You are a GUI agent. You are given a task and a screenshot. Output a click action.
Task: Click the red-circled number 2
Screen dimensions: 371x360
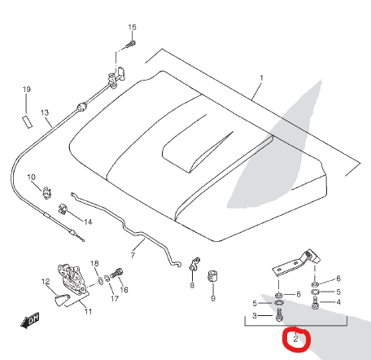click(x=295, y=339)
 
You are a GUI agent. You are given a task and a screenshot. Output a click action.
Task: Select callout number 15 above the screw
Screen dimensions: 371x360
click(x=132, y=27)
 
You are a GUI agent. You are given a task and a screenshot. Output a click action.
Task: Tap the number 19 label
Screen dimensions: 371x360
click(x=27, y=90)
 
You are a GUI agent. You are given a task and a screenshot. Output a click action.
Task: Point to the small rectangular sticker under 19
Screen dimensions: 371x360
click(x=27, y=121)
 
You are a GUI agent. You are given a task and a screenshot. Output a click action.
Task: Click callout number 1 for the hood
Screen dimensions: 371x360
click(x=261, y=78)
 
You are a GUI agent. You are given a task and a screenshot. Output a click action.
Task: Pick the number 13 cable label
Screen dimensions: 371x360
click(x=45, y=112)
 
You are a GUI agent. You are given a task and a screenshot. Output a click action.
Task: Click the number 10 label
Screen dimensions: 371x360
click(x=31, y=178)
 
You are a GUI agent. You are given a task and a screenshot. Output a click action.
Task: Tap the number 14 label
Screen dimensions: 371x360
click(x=88, y=222)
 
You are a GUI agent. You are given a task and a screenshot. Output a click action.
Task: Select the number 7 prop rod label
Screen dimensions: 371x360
click(x=133, y=255)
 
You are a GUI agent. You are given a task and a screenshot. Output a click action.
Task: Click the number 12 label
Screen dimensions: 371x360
click(x=46, y=282)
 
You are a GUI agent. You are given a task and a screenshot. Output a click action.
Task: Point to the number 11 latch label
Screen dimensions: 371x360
click(x=88, y=311)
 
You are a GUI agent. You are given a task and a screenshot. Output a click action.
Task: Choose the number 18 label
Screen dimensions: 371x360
click(x=94, y=263)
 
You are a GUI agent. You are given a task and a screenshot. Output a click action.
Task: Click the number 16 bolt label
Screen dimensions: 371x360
click(x=124, y=290)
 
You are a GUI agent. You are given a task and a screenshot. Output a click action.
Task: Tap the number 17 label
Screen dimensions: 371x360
click(x=115, y=299)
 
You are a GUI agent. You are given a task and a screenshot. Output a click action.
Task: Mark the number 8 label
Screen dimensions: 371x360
click(x=192, y=285)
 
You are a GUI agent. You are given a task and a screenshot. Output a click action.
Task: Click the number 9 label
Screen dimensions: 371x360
click(x=213, y=298)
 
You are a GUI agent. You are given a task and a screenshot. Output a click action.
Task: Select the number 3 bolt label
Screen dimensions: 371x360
click(x=255, y=316)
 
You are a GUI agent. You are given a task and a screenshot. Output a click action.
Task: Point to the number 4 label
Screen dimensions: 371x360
click(x=338, y=302)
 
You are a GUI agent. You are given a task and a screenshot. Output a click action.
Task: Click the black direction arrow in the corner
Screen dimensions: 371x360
click(x=30, y=320)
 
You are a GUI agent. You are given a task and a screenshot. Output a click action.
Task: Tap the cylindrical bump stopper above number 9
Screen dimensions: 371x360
click(x=213, y=276)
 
